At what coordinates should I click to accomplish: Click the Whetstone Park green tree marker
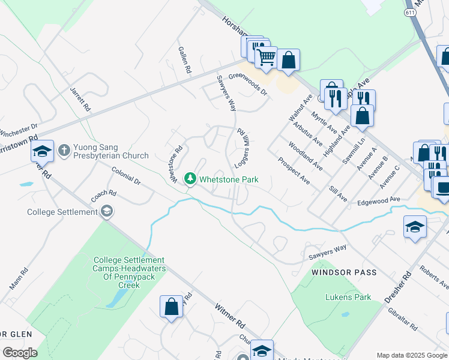click(190, 178)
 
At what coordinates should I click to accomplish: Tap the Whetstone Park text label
click(229, 179)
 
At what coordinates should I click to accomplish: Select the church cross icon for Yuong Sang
click(64, 148)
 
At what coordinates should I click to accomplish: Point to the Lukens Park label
click(348, 297)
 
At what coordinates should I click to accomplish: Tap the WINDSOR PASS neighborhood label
click(344, 272)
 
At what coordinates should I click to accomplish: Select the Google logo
click(20, 352)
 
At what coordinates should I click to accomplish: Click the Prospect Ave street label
click(294, 170)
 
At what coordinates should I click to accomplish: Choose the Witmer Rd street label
click(230, 314)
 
